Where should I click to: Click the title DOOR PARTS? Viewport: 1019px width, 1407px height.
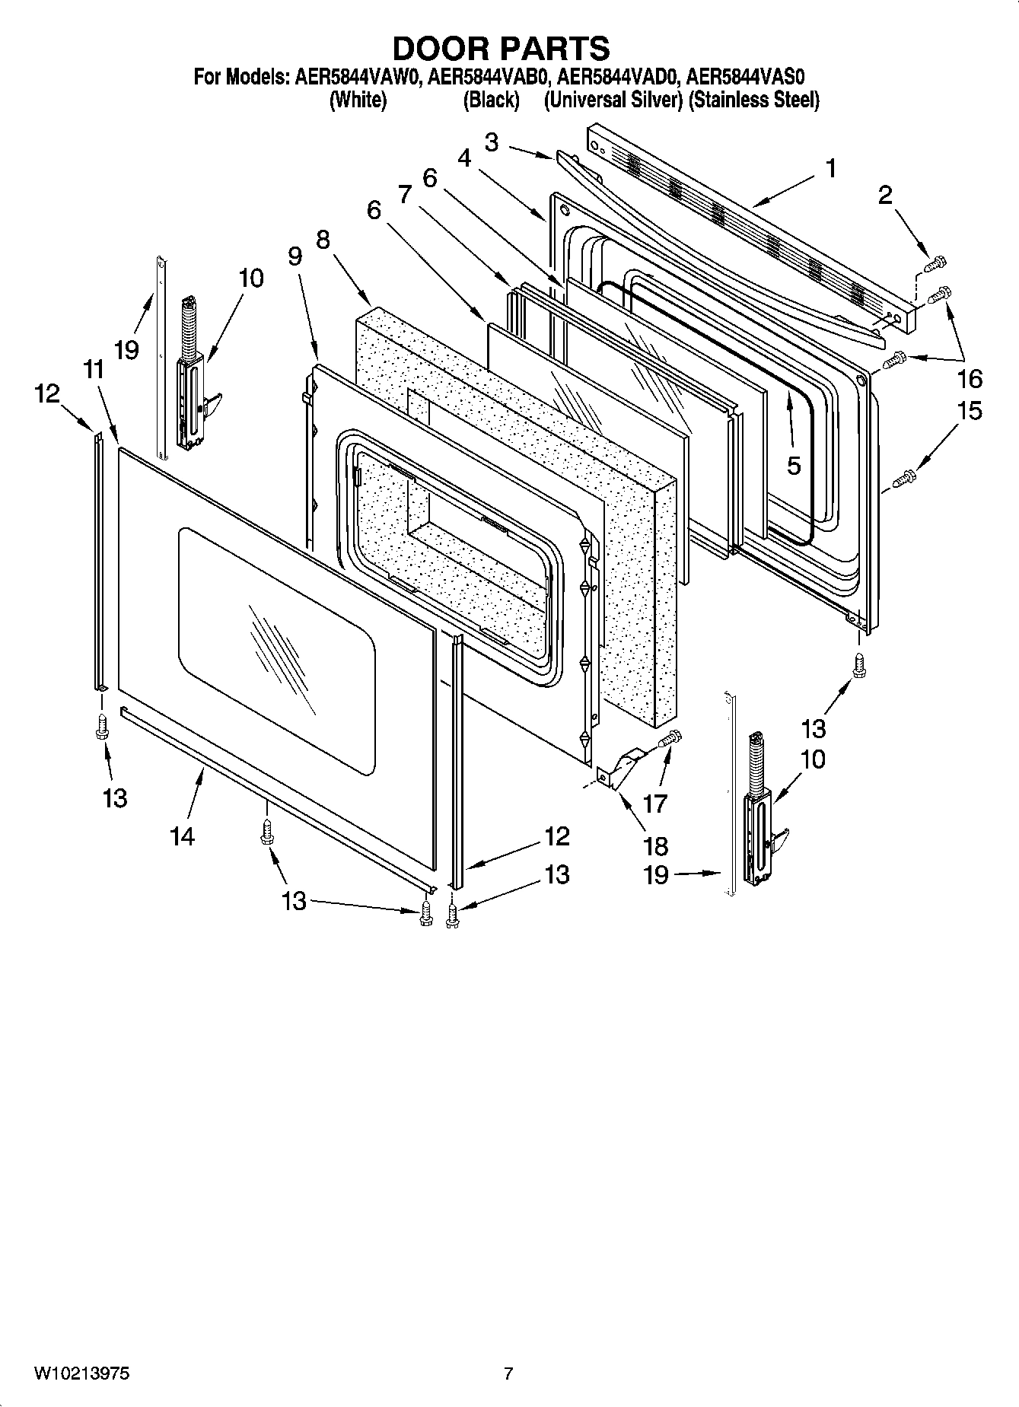click(501, 48)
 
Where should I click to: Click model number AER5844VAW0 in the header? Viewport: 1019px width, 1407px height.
click(357, 77)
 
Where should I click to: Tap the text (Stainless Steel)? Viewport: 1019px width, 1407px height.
click(753, 100)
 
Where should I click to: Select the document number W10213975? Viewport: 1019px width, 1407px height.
click(81, 1374)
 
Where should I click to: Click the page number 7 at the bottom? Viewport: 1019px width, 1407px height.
click(508, 1374)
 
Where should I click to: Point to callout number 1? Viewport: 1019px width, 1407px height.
click(831, 168)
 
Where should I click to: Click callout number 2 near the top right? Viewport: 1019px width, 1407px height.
click(884, 196)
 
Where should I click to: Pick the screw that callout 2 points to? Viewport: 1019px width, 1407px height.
click(935, 263)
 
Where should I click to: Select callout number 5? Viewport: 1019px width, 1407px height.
click(794, 466)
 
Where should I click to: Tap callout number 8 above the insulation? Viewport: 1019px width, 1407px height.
click(323, 240)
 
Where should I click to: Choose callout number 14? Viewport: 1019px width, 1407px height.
click(183, 836)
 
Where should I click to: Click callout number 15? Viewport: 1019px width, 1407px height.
click(970, 411)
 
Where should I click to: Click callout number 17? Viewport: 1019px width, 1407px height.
click(654, 803)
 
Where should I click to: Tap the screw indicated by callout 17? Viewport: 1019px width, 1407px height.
click(670, 737)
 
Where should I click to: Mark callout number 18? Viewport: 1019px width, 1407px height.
click(655, 845)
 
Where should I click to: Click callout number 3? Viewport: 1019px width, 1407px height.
click(492, 142)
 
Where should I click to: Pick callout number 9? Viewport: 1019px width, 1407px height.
click(295, 256)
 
